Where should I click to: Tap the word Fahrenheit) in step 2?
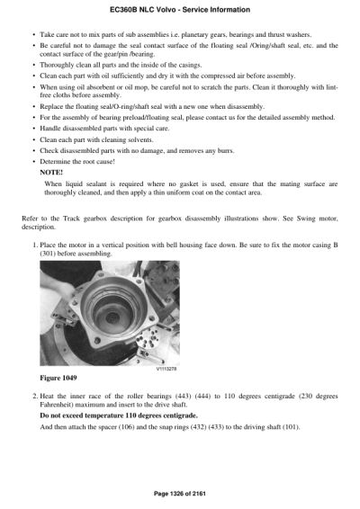click(60, 404)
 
